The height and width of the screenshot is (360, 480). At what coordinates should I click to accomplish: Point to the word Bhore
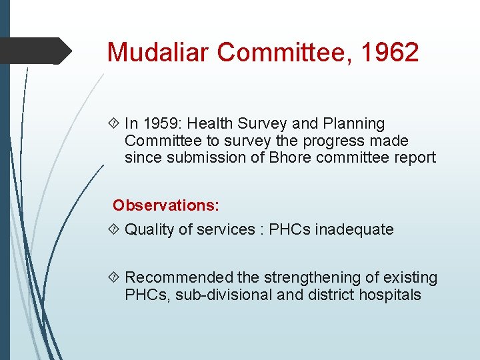coord(299,158)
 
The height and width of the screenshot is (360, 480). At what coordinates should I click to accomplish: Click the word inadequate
coord(354,229)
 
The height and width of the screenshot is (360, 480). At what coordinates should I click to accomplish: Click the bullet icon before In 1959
coord(113,124)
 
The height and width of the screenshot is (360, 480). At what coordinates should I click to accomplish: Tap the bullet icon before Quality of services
coord(113,230)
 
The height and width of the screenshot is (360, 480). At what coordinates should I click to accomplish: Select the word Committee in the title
coord(270,52)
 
